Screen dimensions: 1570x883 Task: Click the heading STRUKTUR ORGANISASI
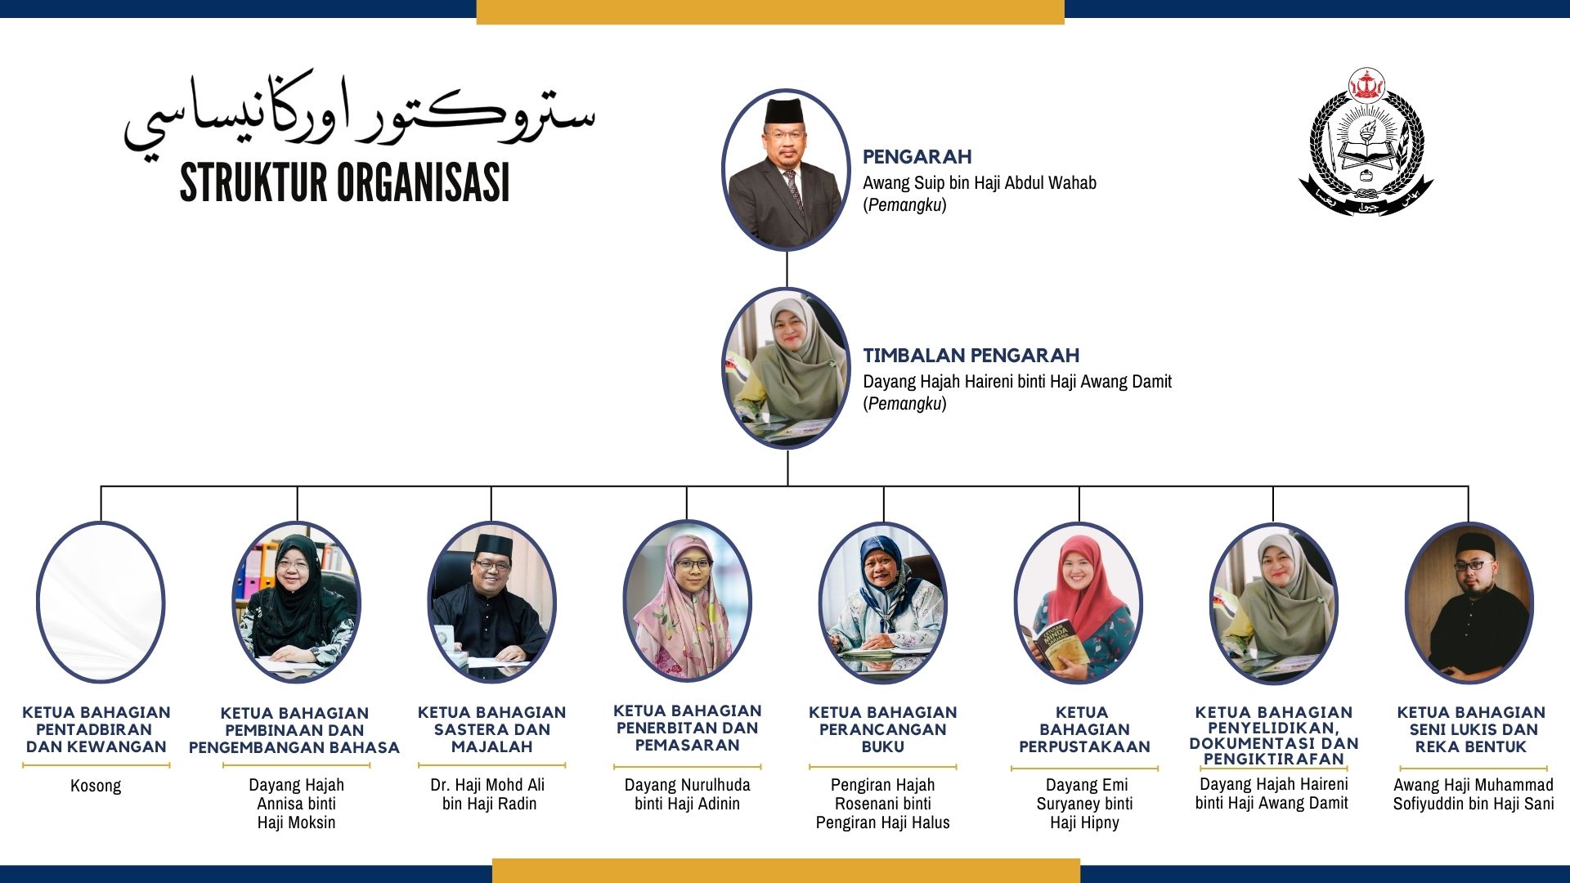[344, 182]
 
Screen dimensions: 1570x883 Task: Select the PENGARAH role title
[917, 156]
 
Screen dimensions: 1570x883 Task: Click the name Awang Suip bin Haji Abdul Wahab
[980, 182]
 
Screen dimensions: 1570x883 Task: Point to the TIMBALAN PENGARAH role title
[971, 355]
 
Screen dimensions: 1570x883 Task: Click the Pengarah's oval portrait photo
[786, 169]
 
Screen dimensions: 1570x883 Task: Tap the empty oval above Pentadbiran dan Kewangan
[101, 602]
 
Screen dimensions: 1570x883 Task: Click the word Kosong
[96, 786]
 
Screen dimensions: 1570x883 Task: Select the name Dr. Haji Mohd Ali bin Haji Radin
[489, 794]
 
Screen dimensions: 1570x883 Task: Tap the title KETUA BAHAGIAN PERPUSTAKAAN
[1084, 729]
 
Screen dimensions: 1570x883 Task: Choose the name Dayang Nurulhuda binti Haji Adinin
[687, 794]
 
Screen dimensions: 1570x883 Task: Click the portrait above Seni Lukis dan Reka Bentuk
[1469, 603]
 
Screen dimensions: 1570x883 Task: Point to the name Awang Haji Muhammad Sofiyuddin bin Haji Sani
[1474, 794]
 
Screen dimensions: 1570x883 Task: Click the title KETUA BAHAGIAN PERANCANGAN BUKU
[882, 729]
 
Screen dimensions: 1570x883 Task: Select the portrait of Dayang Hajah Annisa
[296, 603]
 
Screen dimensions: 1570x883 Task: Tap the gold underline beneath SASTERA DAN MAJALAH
[491, 766]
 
